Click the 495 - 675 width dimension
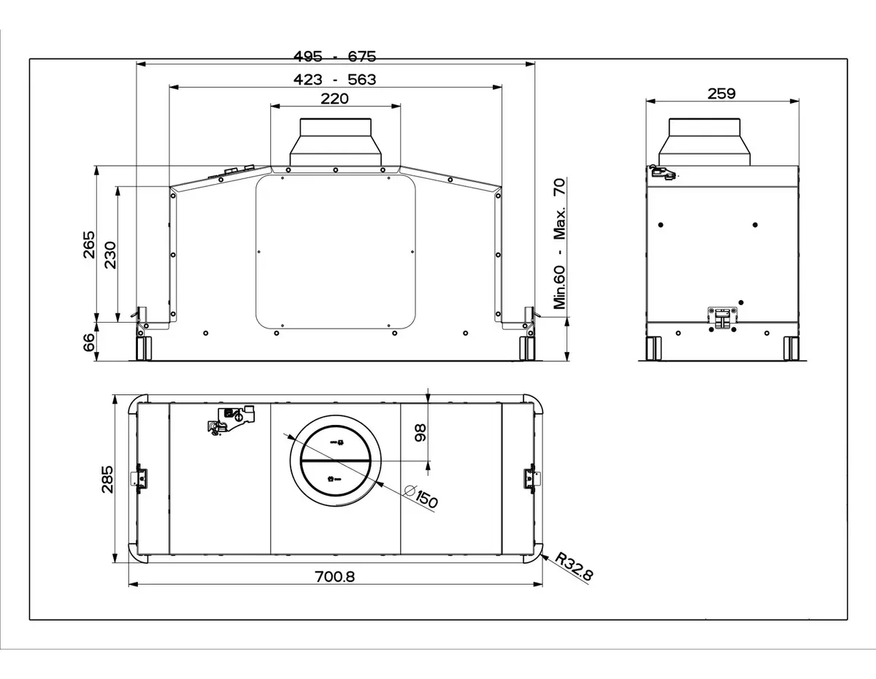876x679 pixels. [x=334, y=56]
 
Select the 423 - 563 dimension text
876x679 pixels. [x=334, y=80]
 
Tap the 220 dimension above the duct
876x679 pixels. [x=334, y=99]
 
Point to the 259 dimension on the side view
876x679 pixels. [x=721, y=93]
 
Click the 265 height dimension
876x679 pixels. [x=89, y=245]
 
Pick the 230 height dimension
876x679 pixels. [x=110, y=255]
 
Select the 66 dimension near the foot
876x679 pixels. [x=89, y=342]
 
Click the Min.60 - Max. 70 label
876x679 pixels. [x=560, y=244]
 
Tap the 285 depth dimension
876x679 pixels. [x=107, y=480]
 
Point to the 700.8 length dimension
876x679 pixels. [x=335, y=577]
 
